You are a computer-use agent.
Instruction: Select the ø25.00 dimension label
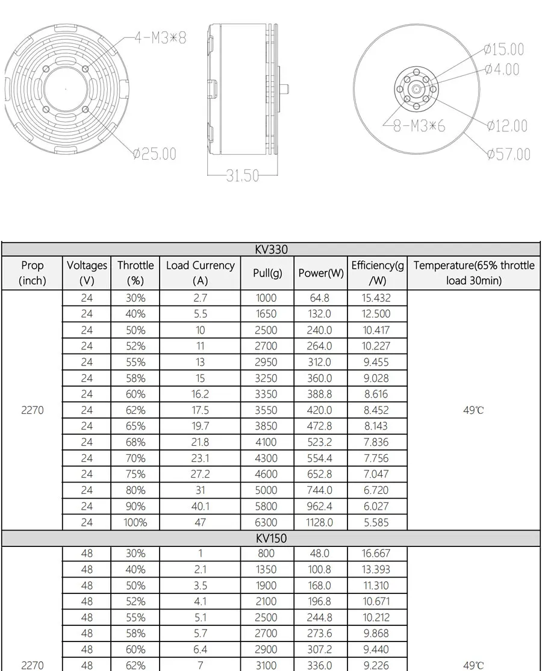tap(155, 154)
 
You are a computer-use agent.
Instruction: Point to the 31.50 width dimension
tap(242, 176)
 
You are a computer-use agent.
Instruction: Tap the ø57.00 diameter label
tap(509, 154)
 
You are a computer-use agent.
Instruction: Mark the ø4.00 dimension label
tap(502, 69)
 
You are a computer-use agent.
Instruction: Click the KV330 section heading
tap(272, 249)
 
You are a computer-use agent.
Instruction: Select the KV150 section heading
tap(272, 538)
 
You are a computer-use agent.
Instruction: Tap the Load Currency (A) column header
tap(200, 273)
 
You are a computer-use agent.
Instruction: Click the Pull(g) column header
tap(267, 273)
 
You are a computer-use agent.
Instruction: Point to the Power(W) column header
tap(321, 273)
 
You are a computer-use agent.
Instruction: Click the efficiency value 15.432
tap(377, 298)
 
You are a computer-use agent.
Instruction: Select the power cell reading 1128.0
tap(320, 522)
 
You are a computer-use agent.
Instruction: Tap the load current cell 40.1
tap(200, 507)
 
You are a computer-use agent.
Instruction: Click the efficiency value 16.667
tap(377, 553)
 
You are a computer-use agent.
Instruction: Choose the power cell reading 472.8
tap(320, 426)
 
